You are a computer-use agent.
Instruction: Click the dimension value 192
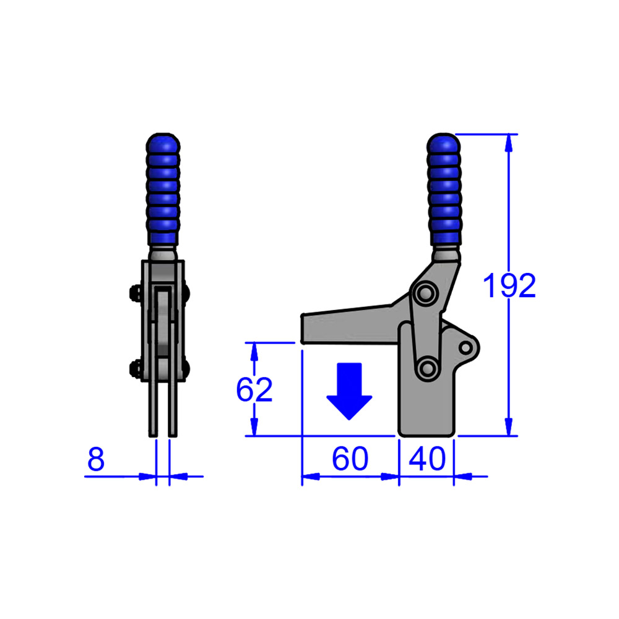coord(509,286)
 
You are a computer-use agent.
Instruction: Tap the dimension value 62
coord(254,390)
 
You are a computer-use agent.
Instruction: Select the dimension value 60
coord(350,459)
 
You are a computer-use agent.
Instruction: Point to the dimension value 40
coord(426,459)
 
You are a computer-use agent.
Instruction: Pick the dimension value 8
coord(96,460)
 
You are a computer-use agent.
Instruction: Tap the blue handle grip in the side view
coord(444,189)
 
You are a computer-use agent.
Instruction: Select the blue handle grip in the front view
coord(163,189)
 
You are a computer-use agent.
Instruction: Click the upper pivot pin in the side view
coord(425,293)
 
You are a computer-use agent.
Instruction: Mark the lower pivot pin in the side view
coord(426,368)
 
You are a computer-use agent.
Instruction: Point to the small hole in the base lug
coord(465,347)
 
